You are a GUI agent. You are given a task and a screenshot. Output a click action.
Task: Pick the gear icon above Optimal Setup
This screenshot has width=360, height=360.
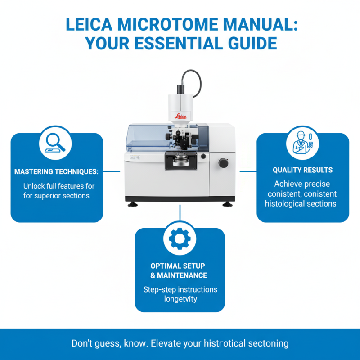coord(180,240)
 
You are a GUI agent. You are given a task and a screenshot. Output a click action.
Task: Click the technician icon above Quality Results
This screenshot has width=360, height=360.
coord(302,143)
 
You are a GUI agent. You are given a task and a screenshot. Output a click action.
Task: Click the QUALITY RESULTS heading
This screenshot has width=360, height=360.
coord(302,170)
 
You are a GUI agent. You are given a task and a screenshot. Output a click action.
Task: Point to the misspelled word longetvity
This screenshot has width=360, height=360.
coord(180,299)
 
